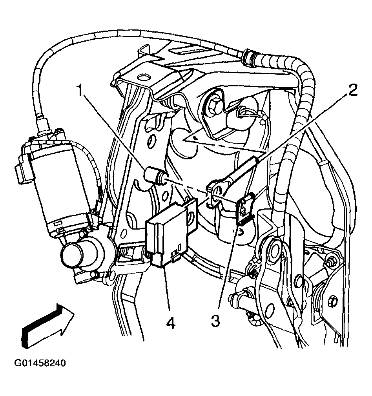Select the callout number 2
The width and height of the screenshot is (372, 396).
tap(352, 91)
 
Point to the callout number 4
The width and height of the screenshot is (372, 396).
tap(170, 323)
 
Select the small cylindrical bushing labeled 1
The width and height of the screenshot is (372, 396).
tap(154, 175)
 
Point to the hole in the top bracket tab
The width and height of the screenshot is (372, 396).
tap(142, 78)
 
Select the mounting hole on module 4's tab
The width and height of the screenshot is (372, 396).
tap(192, 215)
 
